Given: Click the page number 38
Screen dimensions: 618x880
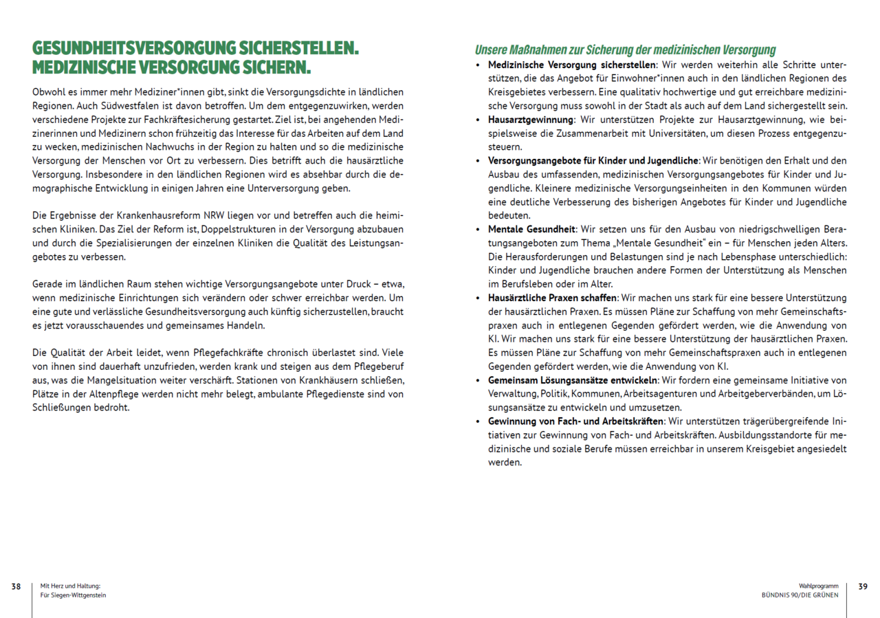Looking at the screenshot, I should pyautogui.click(x=15, y=586).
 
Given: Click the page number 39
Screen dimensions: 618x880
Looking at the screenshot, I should pyautogui.click(x=863, y=586).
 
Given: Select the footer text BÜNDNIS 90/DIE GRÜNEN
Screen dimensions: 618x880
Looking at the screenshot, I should pyautogui.click(x=800, y=595).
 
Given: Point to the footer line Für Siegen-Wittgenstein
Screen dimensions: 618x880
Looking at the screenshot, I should pyautogui.click(x=74, y=595).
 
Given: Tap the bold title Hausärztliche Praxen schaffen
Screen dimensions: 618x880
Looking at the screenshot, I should pyautogui.click(x=553, y=298).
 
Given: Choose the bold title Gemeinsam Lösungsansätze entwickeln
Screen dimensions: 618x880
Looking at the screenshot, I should pyautogui.click(x=572, y=380).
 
